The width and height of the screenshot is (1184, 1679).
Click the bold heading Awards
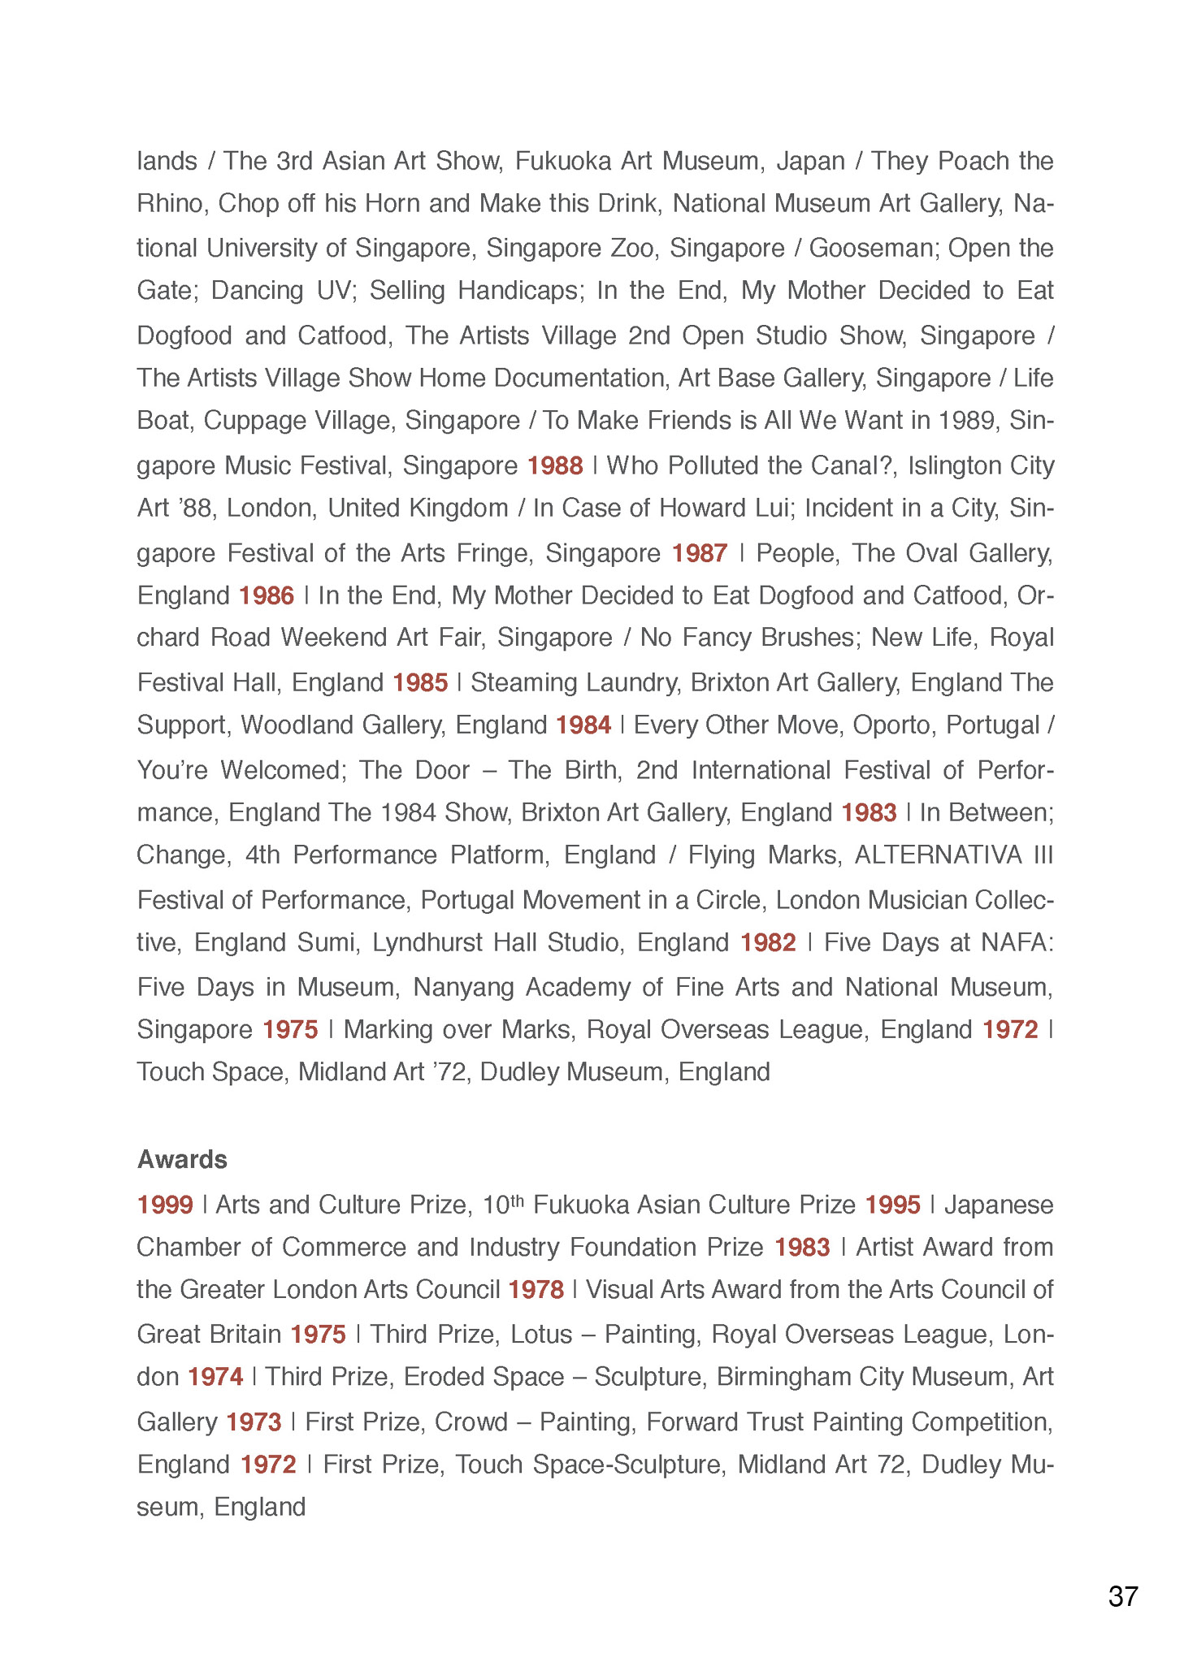pyautogui.click(x=182, y=1159)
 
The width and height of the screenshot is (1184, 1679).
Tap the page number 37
pyautogui.click(x=1122, y=1597)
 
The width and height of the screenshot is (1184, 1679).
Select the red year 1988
pyautogui.click(x=555, y=465)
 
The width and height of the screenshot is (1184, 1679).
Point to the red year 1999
pyautogui.click(x=165, y=1204)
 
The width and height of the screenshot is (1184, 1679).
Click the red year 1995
pyautogui.click(x=892, y=1204)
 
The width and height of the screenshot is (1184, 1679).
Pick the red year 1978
pyautogui.click(x=536, y=1289)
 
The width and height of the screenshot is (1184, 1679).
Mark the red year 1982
pyautogui.click(x=768, y=942)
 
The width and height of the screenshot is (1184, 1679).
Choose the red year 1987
pyautogui.click(x=699, y=553)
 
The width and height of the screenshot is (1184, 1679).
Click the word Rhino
pyautogui.click(x=169, y=203)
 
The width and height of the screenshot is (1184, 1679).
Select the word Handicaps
pyautogui.click(x=521, y=290)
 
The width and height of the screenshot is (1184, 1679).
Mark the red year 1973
pyautogui.click(x=254, y=1422)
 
